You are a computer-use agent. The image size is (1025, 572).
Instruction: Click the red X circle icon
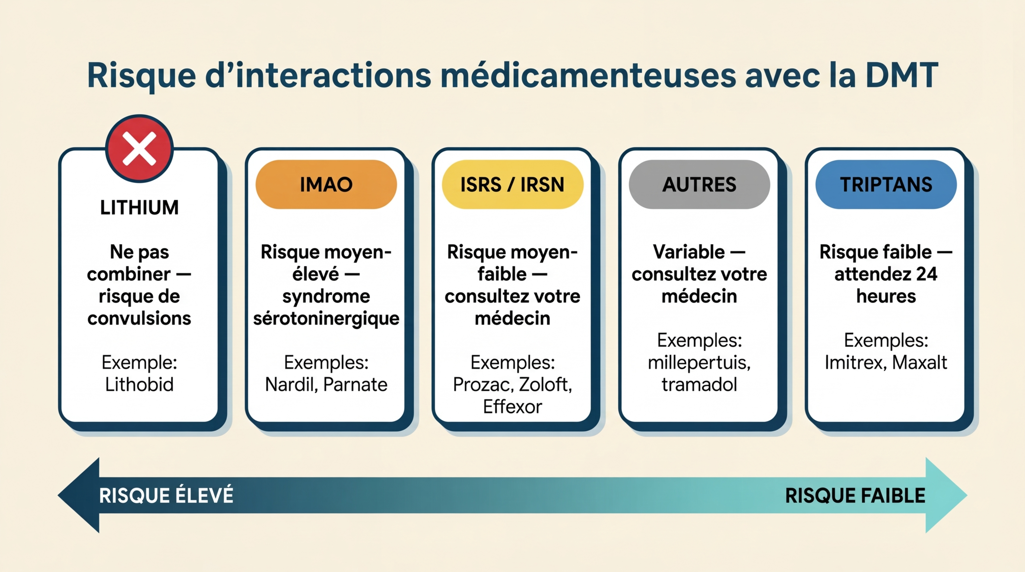click(x=139, y=148)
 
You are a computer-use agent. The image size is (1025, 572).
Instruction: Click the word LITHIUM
click(x=139, y=208)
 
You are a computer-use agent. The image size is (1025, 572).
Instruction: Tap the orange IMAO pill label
click(x=326, y=185)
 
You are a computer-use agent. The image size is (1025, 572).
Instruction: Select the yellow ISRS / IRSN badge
click(x=512, y=185)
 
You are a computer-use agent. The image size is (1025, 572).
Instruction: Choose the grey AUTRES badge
click(x=699, y=185)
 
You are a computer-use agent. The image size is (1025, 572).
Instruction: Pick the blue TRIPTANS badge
click(x=886, y=185)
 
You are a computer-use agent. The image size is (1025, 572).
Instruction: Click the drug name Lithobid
click(x=139, y=385)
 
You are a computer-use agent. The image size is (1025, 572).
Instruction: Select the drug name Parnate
click(x=355, y=385)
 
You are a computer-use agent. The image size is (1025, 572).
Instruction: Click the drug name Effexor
click(x=512, y=407)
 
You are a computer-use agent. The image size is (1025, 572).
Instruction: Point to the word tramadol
click(x=699, y=385)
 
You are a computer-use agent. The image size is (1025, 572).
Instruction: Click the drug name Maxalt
click(x=920, y=362)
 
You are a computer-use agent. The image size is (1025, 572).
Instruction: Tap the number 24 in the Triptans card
click(x=926, y=274)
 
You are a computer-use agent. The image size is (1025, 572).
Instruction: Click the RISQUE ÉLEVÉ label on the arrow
click(x=166, y=495)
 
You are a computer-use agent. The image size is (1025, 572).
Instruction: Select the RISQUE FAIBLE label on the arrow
click(x=855, y=496)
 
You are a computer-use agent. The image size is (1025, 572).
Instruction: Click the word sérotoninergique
click(x=326, y=319)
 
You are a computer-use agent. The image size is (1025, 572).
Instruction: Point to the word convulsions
click(x=139, y=318)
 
